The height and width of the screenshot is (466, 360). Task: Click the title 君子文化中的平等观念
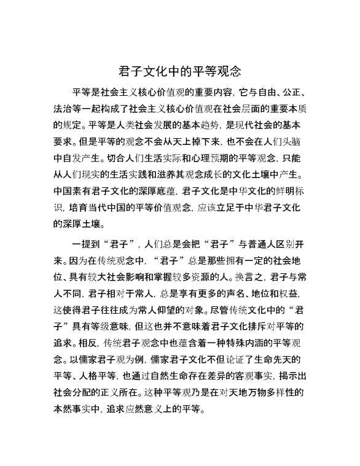point(179,70)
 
